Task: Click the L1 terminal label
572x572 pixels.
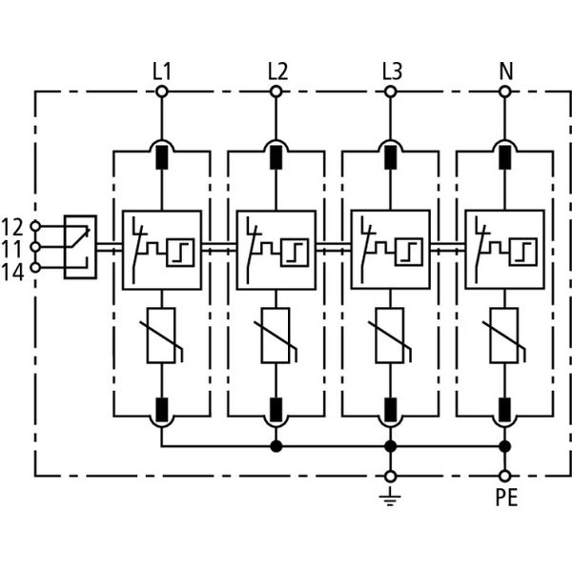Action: click(161, 71)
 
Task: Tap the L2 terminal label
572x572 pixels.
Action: click(276, 71)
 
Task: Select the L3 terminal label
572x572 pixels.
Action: click(391, 71)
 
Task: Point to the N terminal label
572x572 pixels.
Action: click(505, 71)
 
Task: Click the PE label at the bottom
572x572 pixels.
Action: click(505, 498)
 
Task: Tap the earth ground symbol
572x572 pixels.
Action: click(390, 497)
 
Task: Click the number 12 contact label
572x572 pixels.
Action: click(12, 227)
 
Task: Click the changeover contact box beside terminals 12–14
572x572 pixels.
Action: click(80, 247)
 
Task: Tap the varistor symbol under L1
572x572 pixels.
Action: click(161, 336)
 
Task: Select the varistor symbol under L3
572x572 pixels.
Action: click(390, 336)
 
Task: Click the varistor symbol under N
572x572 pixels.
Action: click(504, 336)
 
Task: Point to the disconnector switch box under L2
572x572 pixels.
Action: click(276, 249)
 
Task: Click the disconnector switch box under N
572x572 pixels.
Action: click(504, 249)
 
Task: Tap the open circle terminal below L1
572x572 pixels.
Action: click(161, 92)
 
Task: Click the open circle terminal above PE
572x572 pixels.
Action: click(504, 475)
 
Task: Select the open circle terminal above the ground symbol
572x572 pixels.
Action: click(390, 475)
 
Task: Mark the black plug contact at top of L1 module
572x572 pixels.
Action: click(161, 154)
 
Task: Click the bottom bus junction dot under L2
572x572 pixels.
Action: click(276, 445)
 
